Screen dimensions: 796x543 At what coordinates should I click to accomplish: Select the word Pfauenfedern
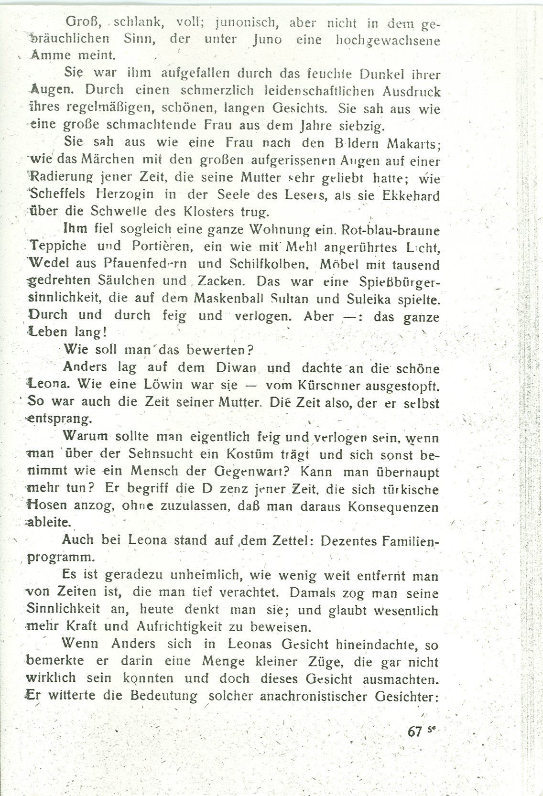145,264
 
